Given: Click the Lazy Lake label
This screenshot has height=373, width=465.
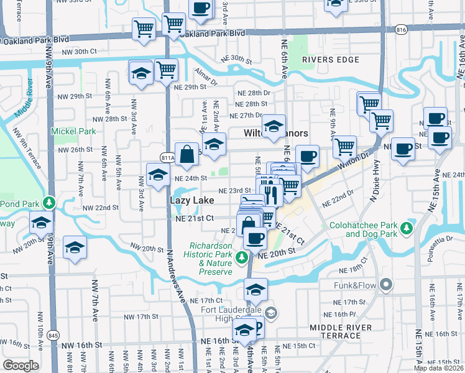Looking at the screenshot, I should point(193,200).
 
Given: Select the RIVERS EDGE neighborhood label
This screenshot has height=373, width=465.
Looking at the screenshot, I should point(331,60).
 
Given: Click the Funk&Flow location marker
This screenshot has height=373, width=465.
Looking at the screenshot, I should point(386,285).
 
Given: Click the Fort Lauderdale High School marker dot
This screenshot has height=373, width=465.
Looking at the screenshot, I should point(270,311).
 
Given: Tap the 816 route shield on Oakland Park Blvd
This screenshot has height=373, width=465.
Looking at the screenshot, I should point(400,29).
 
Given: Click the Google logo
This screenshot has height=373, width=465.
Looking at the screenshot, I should point(21,366).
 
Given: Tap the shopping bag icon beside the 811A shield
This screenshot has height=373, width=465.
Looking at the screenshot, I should point(186,154).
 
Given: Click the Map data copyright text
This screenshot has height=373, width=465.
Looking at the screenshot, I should point(438,367).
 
